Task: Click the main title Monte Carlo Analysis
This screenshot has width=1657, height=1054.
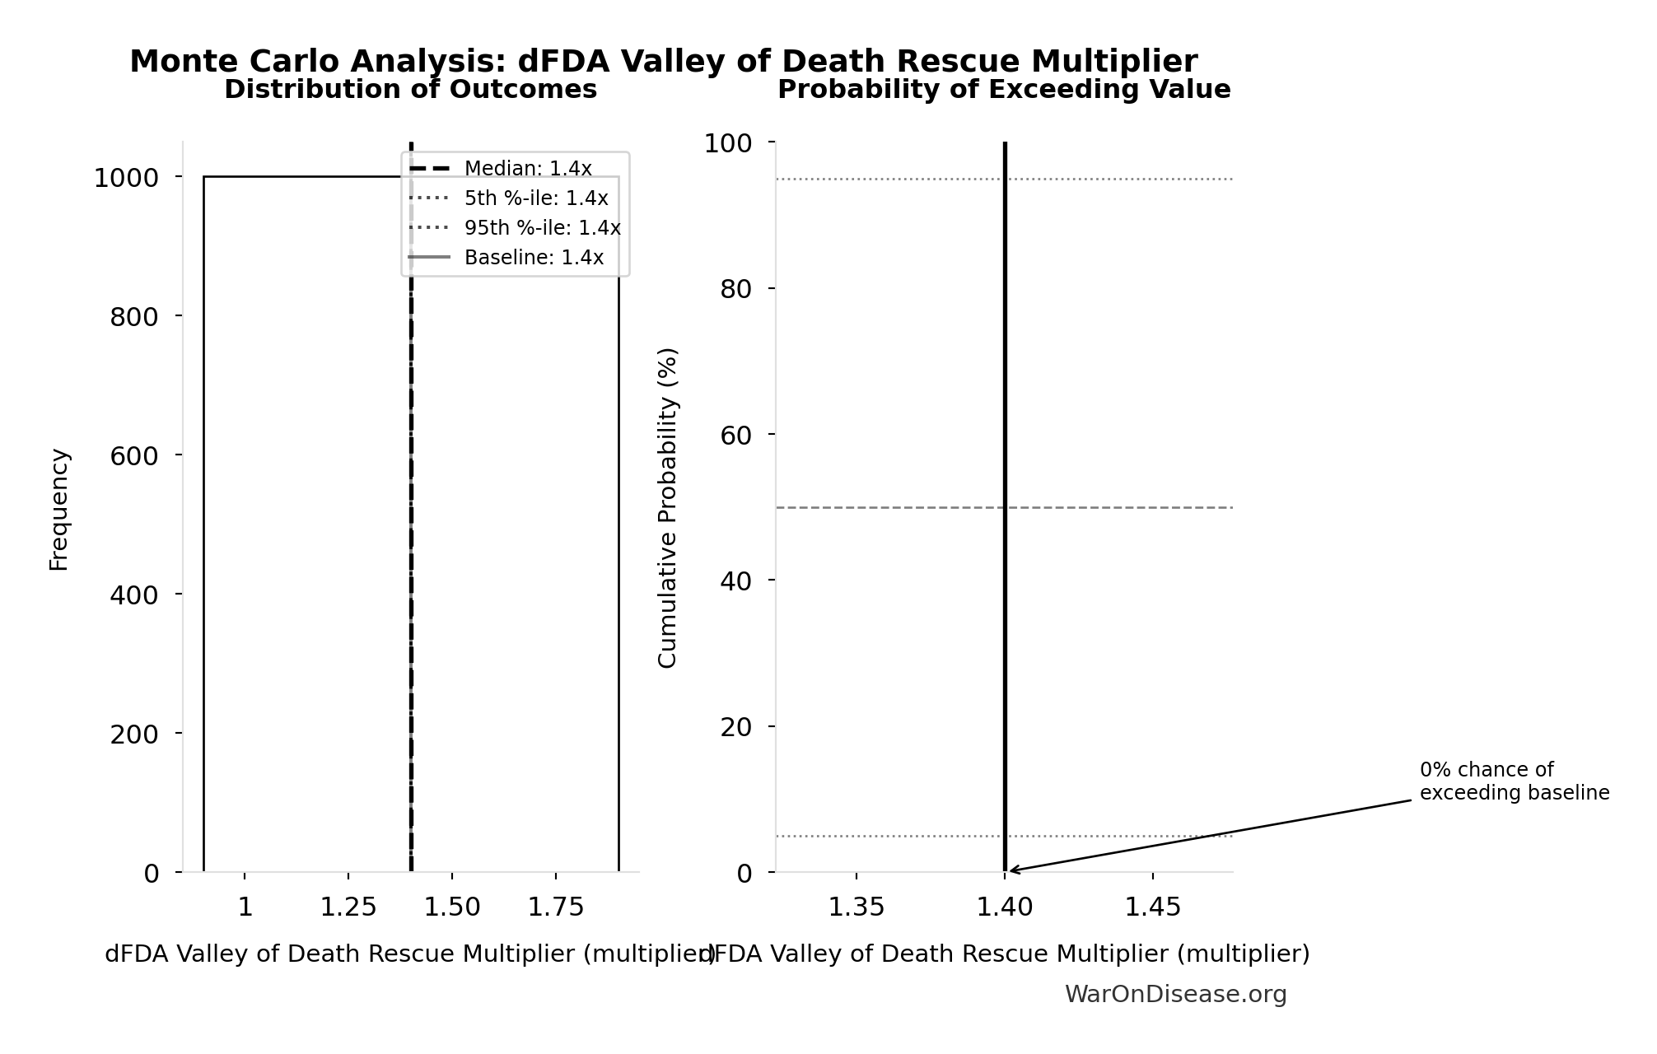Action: pos(663,62)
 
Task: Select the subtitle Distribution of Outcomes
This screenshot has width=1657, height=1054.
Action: pos(410,90)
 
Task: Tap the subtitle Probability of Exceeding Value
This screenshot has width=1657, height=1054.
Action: pos(1004,90)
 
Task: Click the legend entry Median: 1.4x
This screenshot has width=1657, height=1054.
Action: pos(527,169)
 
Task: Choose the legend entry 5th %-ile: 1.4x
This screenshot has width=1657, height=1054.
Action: pos(535,198)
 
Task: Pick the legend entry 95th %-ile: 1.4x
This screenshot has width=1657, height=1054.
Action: pos(542,228)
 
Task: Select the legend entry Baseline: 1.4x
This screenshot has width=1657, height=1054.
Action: pos(533,258)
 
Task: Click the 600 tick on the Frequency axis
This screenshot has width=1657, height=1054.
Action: pos(134,455)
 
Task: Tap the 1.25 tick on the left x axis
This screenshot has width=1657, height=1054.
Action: pos(348,907)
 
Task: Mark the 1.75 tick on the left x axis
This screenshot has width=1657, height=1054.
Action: pos(556,907)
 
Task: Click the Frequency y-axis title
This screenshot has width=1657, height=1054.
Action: pos(59,509)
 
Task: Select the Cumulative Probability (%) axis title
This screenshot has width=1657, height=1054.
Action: pos(668,507)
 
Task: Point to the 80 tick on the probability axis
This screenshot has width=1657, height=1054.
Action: pos(736,289)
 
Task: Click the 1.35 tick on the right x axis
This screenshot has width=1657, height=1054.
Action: pos(857,907)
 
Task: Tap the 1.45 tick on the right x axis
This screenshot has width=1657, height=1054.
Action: pos(1152,907)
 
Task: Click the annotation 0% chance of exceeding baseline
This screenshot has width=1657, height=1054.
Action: pos(1514,781)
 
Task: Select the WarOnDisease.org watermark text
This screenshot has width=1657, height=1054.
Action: pos(1175,995)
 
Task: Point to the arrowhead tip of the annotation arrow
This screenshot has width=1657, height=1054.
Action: pos(1010,870)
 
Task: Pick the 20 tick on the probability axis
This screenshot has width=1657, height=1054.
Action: pos(736,727)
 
